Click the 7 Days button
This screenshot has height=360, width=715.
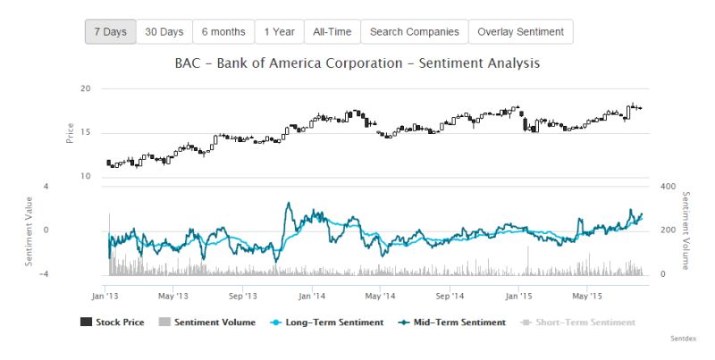[x=110, y=31]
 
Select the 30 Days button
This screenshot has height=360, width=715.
[x=164, y=31]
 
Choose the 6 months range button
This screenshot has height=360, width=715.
[x=223, y=31]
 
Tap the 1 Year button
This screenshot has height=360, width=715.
[x=279, y=31]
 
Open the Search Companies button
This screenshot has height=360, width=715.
[x=415, y=31]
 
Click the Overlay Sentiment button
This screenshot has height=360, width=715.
[x=520, y=31]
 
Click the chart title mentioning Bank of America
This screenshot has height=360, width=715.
[x=357, y=64]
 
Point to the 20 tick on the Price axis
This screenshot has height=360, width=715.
[x=85, y=89]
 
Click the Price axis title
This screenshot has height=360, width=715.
[x=70, y=133]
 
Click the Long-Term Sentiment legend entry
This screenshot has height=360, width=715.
[x=328, y=322]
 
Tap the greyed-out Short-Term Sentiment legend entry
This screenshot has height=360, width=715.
[x=578, y=322]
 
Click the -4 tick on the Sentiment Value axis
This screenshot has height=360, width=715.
[x=44, y=274]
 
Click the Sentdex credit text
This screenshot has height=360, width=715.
[x=683, y=340]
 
